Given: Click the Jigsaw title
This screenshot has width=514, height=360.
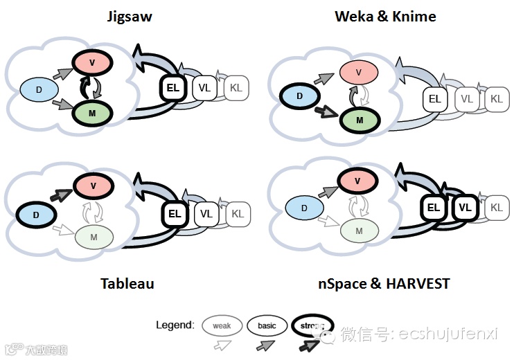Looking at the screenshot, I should tap(130, 16).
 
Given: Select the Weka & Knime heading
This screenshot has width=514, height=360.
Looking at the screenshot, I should tap(385, 16).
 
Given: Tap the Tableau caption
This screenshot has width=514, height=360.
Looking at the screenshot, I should tap(127, 283).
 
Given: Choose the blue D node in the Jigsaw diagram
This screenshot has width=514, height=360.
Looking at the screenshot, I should tap(39, 89).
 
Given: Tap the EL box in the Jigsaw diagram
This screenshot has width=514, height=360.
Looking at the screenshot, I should tap(173, 89).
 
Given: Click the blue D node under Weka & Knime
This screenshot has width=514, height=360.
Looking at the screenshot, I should tap(299, 96).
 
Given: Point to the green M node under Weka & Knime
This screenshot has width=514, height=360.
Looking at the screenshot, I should tap(359, 120).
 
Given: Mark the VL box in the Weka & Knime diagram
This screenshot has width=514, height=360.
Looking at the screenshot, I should tap(467, 99).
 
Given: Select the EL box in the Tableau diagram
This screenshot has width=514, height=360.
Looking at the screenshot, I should tap(175, 214).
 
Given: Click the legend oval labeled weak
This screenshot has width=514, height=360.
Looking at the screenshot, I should tap(222, 325).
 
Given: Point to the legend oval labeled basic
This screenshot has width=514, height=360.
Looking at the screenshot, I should tap(267, 325).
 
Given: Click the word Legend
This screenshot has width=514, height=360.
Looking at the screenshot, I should tap(175, 326).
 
